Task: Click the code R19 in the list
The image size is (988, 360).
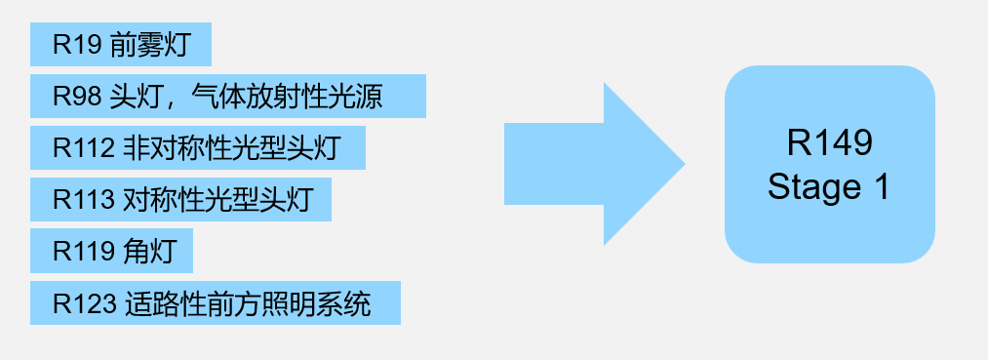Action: [x=77, y=45]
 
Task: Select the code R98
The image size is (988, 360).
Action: [x=77, y=97]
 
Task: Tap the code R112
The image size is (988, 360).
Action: [x=84, y=148]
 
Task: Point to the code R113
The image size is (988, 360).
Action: [x=84, y=200]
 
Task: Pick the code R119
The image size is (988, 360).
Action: [x=84, y=252]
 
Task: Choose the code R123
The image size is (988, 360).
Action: [x=84, y=303]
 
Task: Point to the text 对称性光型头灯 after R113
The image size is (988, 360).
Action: [x=217, y=200]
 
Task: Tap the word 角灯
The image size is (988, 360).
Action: [x=149, y=252]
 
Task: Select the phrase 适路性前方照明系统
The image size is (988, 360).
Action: [x=249, y=303]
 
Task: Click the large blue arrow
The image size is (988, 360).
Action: [x=585, y=164]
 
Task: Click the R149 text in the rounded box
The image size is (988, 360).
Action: [x=829, y=144]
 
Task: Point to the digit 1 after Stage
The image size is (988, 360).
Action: [x=881, y=186]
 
